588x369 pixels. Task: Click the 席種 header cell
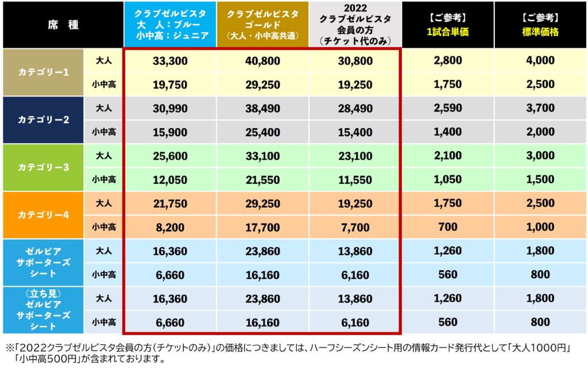click(x=63, y=26)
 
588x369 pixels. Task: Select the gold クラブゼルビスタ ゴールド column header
click(x=263, y=26)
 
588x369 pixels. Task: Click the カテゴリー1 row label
click(x=44, y=72)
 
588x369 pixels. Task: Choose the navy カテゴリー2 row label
click(x=44, y=120)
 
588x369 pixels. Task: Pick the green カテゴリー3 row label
click(x=44, y=167)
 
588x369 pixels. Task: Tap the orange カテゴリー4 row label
click(x=44, y=214)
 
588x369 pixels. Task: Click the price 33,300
click(x=170, y=61)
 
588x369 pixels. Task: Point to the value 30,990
click(x=170, y=108)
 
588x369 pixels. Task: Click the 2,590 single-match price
click(x=447, y=108)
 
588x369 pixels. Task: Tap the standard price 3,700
click(x=540, y=108)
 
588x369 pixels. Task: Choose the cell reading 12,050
click(x=170, y=179)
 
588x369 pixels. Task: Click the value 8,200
click(x=170, y=227)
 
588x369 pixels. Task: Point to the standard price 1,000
click(x=540, y=227)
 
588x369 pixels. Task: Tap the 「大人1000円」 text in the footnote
click(x=543, y=348)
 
